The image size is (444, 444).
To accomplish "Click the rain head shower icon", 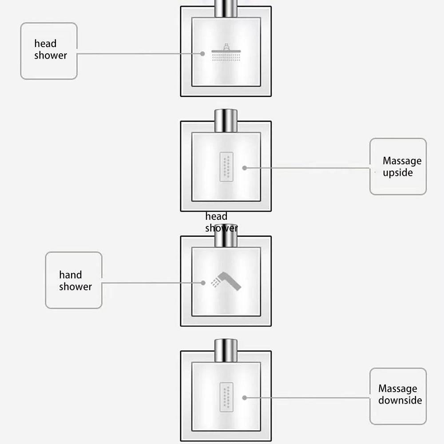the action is click(226, 52).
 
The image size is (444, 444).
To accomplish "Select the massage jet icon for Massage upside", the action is click(226, 167).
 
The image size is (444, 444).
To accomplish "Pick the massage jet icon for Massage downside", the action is click(226, 397).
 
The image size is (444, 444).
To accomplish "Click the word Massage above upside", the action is click(402, 161).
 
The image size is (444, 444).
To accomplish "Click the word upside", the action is click(397, 173).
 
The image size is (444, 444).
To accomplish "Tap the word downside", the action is click(400, 400).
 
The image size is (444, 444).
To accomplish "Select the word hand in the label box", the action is click(71, 275).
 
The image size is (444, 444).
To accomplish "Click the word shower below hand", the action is click(75, 286).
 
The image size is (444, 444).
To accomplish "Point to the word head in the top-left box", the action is click(45, 44).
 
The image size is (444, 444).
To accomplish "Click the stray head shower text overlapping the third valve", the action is click(222, 222).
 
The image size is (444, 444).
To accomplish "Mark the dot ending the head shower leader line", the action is click(202, 54).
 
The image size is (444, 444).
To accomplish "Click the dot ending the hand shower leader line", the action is click(203, 282).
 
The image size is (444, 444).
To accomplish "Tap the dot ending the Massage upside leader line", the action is click(245, 168).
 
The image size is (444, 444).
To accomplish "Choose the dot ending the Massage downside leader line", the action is click(245, 398).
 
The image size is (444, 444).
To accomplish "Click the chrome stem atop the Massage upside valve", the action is click(226, 121).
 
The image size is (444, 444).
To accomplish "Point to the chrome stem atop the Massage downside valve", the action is click(226, 351).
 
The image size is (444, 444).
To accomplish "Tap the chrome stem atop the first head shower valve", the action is click(226, 8).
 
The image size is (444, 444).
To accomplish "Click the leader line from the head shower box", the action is click(139, 54).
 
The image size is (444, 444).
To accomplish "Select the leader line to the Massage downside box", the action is click(307, 398).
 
